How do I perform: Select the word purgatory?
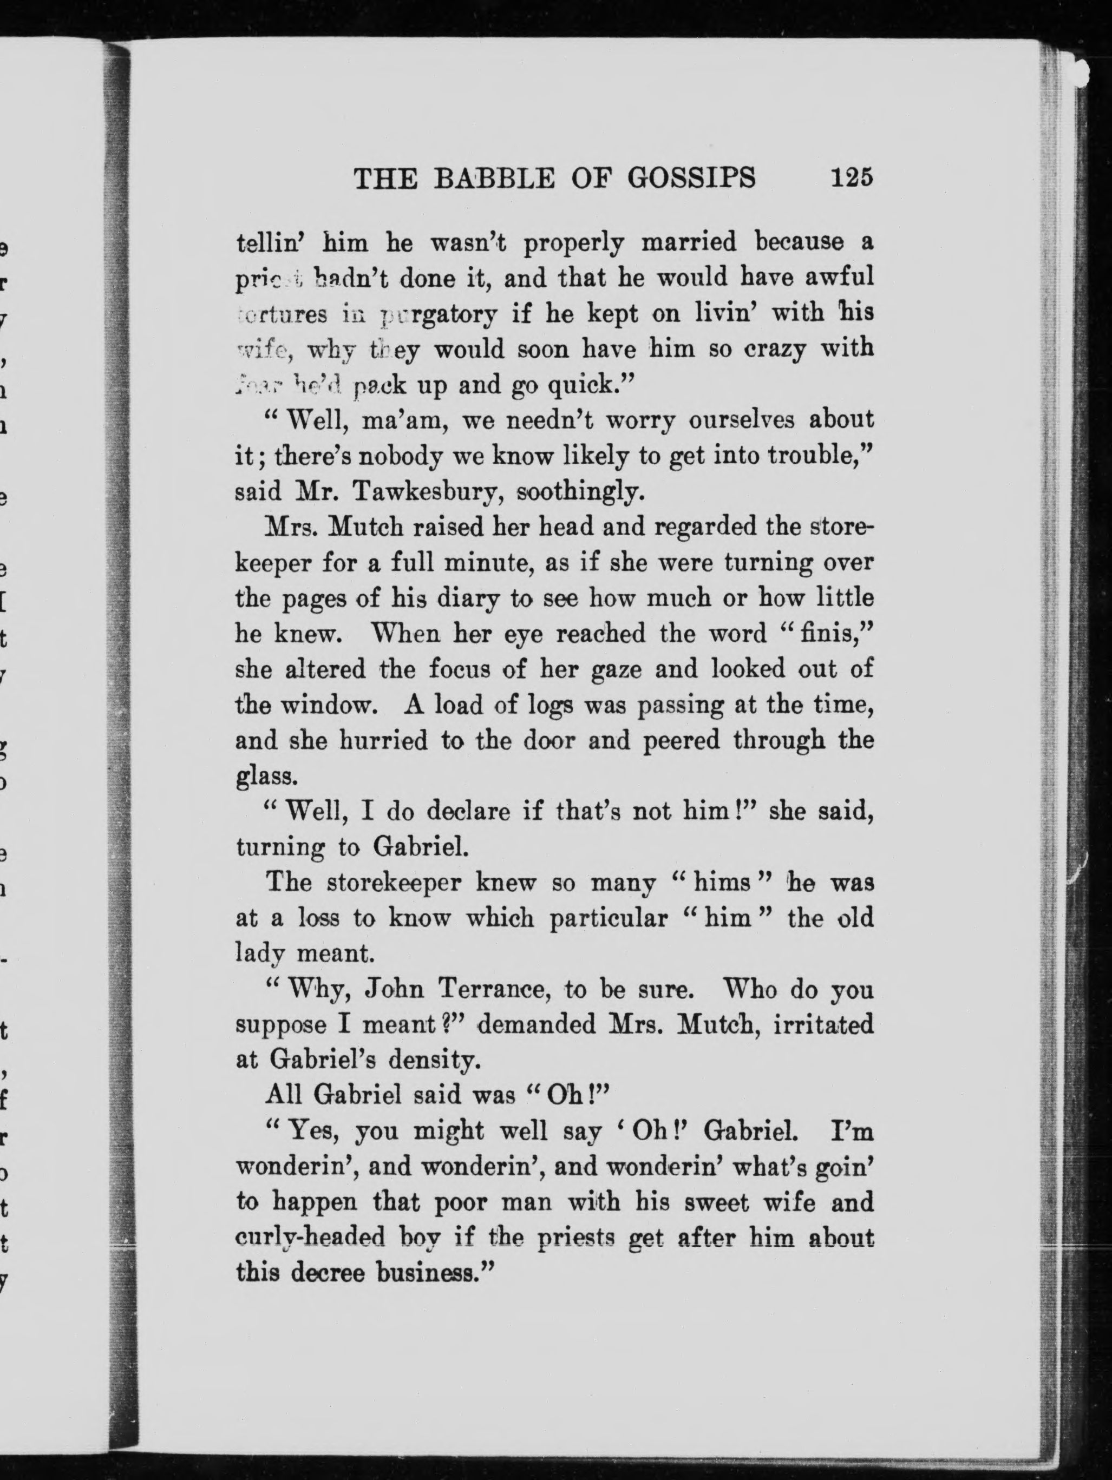click(x=439, y=314)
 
